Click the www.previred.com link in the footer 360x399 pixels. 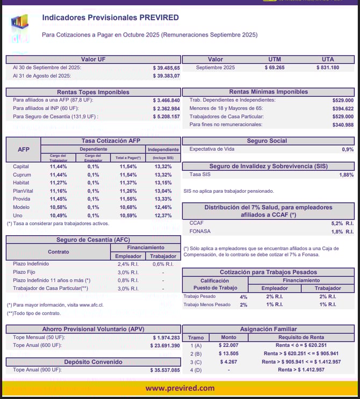point(179,388)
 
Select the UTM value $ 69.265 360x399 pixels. point(274,68)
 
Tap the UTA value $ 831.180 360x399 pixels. point(327,68)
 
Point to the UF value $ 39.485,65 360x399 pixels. point(166,68)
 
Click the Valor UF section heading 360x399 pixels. point(93,59)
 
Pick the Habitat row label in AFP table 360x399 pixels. point(21,183)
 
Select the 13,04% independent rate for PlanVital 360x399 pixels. point(163,191)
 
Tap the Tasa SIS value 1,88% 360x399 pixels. point(347,175)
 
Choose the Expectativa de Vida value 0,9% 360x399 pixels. point(348,149)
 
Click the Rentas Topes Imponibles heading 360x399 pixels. point(93,92)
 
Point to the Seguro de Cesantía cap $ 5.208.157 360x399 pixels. point(166,117)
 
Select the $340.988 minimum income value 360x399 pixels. point(343,125)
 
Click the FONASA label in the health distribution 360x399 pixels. point(200,231)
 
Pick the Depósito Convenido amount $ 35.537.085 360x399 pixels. point(165,371)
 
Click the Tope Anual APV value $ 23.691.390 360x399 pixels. point(166,345)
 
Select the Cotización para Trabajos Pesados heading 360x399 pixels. point(268,272)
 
